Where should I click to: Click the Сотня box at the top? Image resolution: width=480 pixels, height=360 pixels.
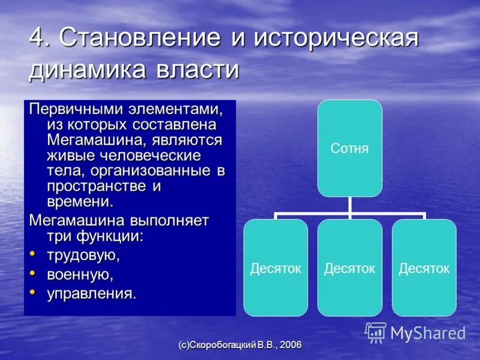click(x=350, y=148)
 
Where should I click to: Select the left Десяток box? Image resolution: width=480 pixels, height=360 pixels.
click(x=275, y=268)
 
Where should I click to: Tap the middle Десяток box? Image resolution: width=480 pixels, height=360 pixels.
click(x=350, y=268)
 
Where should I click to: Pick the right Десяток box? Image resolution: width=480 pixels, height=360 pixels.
click(x=424, y=268)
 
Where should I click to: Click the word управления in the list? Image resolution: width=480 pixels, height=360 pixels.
click(x=92, y=293)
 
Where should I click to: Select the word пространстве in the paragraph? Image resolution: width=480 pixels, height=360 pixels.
click(x=97, y=186)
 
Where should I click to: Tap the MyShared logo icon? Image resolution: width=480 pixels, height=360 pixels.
click(x=376, y=332)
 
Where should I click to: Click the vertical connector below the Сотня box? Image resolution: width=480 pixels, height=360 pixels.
click(x=350, y=205)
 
